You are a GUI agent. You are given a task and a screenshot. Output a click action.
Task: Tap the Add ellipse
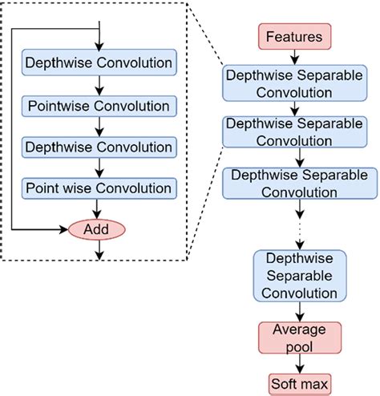pos(99,229)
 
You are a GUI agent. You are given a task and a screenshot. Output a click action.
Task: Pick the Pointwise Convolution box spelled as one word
pos(99,105)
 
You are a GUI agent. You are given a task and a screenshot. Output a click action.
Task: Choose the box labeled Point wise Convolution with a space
pos(99,188)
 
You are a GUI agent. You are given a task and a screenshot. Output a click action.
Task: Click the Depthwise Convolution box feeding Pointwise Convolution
pos(99,63)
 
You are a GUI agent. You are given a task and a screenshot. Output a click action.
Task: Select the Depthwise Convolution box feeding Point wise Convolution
pos(99,147)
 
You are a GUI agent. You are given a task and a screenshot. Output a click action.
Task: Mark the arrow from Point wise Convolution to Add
pos(99,208)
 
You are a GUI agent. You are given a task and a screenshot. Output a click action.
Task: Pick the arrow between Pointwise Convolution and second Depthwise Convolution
pos(99,126)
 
